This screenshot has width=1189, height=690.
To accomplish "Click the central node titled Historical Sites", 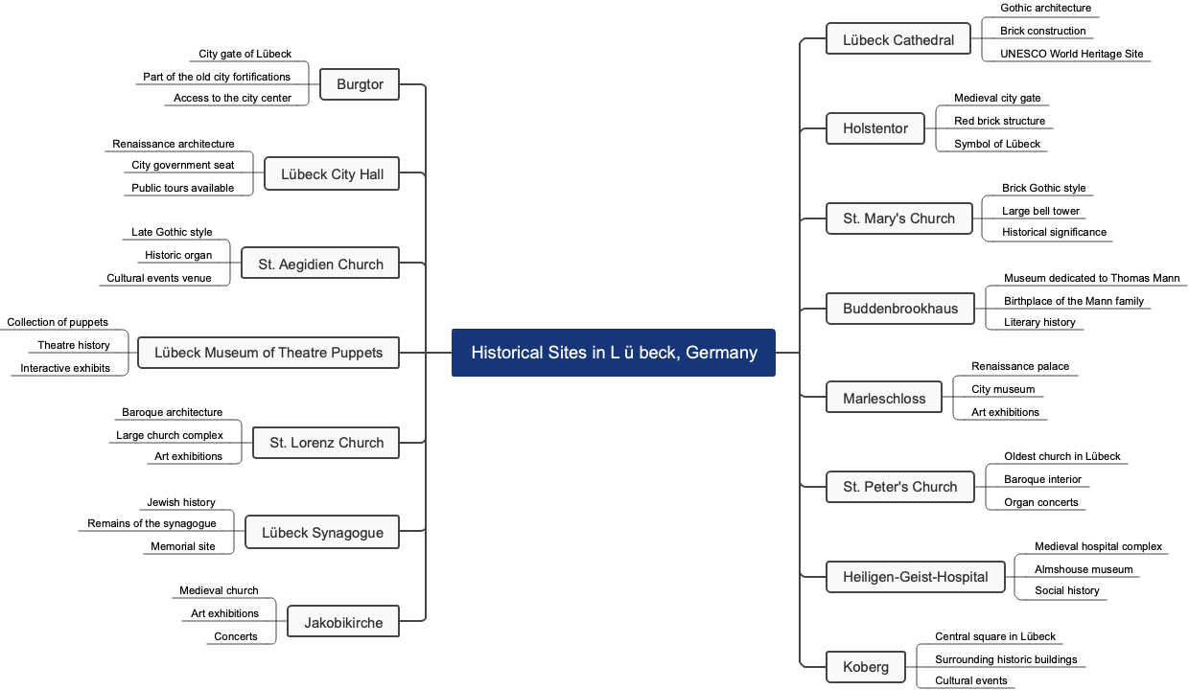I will (614, 353).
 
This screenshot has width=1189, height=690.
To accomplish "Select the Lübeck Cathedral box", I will (898, 40).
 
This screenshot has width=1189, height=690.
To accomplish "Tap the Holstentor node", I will (875, 128).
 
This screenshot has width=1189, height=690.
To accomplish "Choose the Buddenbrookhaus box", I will (900, 309).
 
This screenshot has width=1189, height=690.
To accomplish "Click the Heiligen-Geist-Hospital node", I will (916, 577).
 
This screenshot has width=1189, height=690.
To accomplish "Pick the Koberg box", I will (866, 667).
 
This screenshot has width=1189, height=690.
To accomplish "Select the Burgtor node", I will (360, 84).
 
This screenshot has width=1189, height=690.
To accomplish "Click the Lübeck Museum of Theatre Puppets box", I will (268, 353).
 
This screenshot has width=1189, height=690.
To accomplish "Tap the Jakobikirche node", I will (343, 623).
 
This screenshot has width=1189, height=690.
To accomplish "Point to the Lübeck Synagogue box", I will (322, 533).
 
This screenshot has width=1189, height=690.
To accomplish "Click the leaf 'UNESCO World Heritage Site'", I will (1071, 54).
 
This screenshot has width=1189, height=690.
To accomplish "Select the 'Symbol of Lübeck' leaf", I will (996, 144).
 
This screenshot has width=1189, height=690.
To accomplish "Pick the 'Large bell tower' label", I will (1040, 211).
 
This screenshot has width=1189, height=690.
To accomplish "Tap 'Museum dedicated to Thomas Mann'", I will (1091, 278).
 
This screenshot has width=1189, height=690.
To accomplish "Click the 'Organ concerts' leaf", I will (1040, 502).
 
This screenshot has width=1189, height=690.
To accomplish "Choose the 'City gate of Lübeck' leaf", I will (245, 54).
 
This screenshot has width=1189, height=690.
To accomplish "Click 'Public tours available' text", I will (182, 188).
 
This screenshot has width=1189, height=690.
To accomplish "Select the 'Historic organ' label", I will (178, 255).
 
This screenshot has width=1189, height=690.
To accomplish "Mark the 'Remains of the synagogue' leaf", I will (152, 523).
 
